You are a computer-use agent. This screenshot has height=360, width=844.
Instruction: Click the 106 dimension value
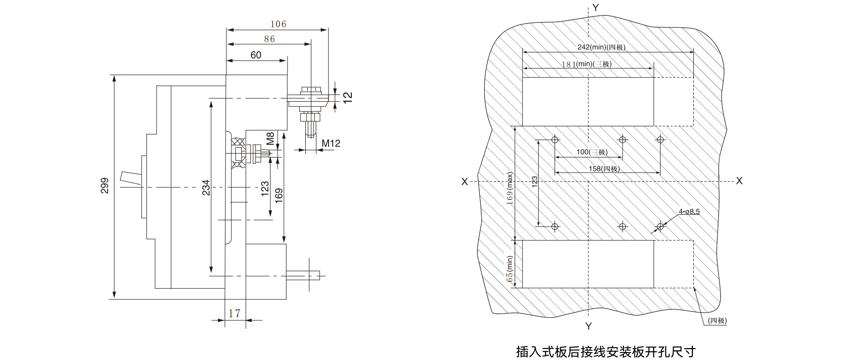point(278,24)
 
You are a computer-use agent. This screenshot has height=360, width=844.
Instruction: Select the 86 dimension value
point(270,39)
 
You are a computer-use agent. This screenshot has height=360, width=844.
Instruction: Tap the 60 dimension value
point(256,55)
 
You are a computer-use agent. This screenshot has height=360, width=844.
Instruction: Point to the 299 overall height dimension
point(105,186)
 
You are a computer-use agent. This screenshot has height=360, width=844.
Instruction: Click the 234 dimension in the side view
point(206,188)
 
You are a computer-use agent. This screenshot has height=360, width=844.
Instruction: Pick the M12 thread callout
point(331,143)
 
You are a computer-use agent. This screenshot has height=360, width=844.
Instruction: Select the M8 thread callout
point(270,139)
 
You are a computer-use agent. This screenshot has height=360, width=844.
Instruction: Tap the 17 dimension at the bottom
point(234,313)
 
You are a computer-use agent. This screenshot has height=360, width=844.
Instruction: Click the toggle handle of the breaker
point(131,178)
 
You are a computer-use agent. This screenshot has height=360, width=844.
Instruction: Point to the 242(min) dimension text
point(601,47)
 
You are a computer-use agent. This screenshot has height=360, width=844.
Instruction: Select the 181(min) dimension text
point(587,64)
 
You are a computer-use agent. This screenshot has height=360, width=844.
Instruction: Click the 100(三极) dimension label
point(592,152)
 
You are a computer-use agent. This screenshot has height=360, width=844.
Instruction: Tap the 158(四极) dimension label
point(604,169)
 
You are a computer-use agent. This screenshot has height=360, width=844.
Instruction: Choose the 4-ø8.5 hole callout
point(689,211)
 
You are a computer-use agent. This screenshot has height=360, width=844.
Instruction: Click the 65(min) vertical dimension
point(510,269)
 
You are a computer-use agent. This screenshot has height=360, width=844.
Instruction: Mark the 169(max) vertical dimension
point(510,188)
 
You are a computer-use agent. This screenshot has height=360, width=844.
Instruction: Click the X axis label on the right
point(739,181)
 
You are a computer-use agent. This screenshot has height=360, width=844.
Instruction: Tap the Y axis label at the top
point(595,7)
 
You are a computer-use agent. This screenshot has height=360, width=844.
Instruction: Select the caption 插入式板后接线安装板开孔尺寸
point(606,352)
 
